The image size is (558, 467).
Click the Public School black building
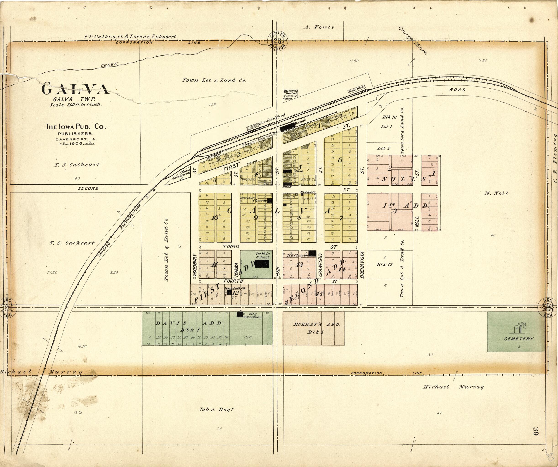[262, 264]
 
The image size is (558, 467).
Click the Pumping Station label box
[290, 94]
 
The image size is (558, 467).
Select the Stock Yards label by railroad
[357, 89]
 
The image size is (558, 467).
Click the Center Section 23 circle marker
[277, 41]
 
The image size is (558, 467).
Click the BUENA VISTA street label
[362, 265]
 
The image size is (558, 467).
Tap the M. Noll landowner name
[496, 193]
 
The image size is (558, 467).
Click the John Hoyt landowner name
[216, 409]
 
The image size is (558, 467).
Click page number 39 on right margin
[535, 431]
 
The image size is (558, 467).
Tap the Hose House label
[308, 192]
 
